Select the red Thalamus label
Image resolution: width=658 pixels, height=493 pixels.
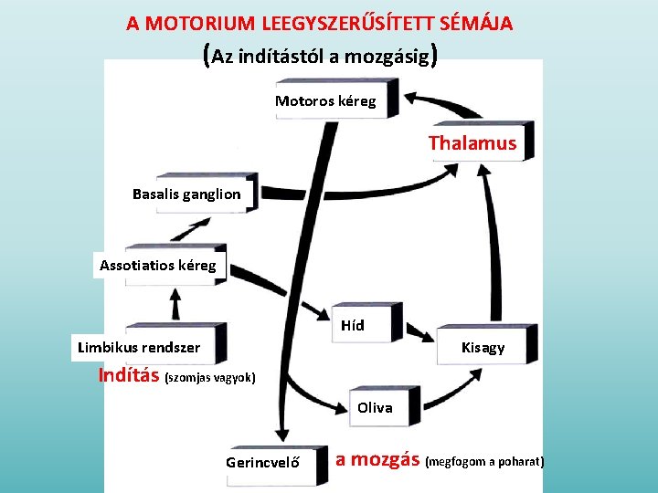472,142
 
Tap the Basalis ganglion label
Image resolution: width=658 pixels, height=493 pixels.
186,194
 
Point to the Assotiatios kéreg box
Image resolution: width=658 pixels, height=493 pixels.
158,266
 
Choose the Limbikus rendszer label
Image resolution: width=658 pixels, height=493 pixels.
139,347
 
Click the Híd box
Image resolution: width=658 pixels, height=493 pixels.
353,325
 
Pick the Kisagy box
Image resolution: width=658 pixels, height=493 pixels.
483,347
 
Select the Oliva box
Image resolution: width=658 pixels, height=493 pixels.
375,407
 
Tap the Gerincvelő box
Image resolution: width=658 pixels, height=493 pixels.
263,462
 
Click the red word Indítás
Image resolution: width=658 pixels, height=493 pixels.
129,375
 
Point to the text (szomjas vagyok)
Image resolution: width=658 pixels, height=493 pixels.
209,377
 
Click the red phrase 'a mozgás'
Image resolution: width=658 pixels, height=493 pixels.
377,459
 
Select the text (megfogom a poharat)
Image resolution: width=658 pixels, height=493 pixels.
484,462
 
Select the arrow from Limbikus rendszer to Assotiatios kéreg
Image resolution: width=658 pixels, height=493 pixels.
174,302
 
